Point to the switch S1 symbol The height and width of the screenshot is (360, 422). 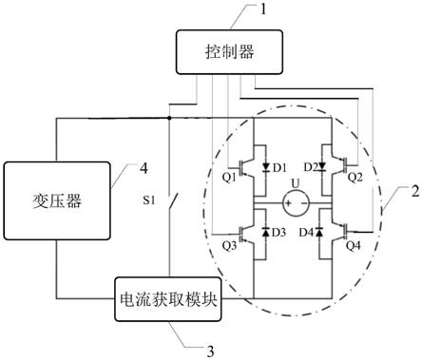point(171,202)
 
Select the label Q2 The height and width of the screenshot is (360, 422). point(355,176)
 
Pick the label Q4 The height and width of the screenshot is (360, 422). point(355,243)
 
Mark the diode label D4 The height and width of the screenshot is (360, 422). point(308,233)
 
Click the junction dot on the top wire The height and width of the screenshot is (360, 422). point(170,119)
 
